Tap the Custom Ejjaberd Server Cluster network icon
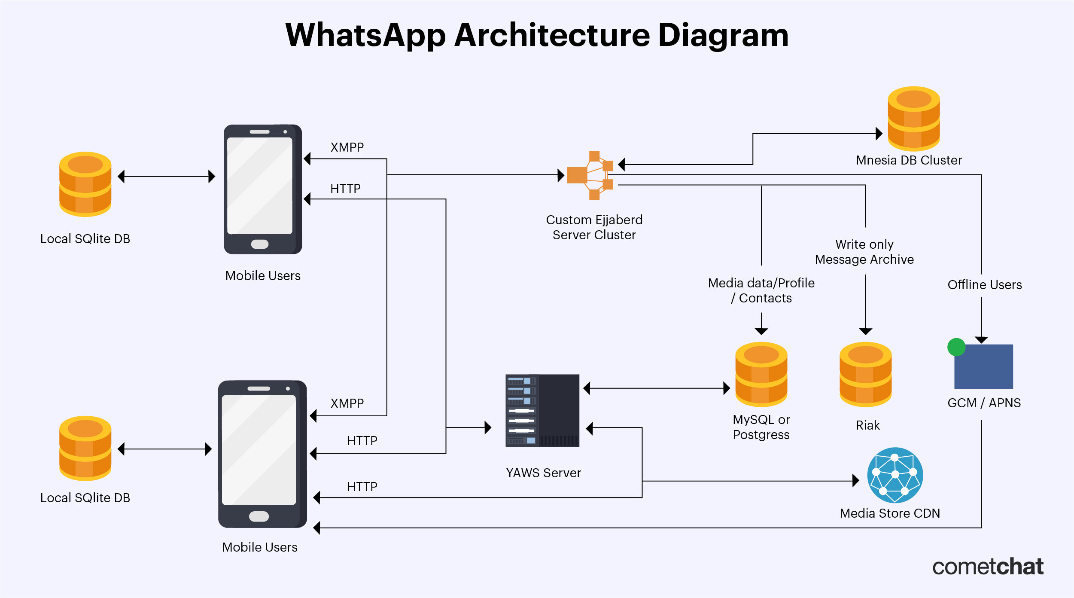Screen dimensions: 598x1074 [590, 175]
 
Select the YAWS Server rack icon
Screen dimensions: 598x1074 [542, 410]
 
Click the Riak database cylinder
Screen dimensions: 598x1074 [865, 374]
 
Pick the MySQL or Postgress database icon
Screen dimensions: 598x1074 [761, 374]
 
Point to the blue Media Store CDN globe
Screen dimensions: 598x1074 [895, 475]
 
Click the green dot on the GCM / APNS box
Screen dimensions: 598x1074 [956, 347]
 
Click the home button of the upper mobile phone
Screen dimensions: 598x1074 [260, 244]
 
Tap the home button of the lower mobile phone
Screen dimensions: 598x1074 [259, 516]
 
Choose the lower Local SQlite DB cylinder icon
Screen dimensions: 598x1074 [85, 448]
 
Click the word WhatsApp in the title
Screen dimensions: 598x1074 [365, 35]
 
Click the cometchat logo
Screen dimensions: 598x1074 [988, 567]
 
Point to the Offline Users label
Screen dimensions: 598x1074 [984, 285]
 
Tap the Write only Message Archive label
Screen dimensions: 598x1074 [864, 252]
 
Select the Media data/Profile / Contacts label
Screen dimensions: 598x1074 [761, 290]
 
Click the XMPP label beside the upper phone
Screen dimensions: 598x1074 [347, 147]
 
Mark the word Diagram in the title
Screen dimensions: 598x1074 [723, 35]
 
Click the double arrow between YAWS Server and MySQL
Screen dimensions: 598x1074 [657, 388]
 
